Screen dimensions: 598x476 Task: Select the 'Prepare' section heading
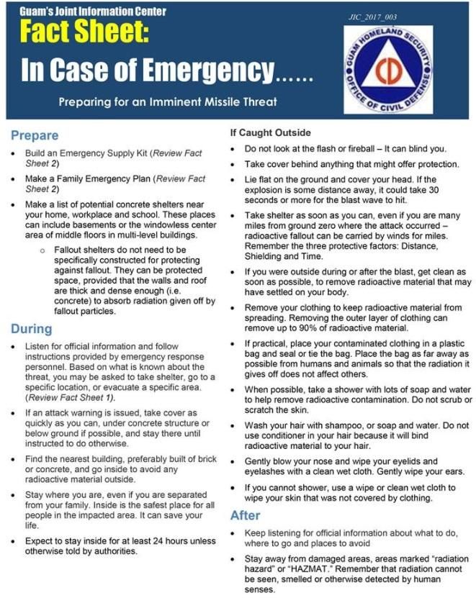click(34, 135)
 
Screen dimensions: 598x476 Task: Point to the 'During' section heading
click(31, 329)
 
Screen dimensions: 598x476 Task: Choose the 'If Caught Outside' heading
click(270, 132)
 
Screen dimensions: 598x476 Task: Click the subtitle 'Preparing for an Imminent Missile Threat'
click(168, 101)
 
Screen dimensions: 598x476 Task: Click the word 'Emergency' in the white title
click(209, 71)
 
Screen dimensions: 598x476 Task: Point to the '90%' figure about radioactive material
click(302, 327)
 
